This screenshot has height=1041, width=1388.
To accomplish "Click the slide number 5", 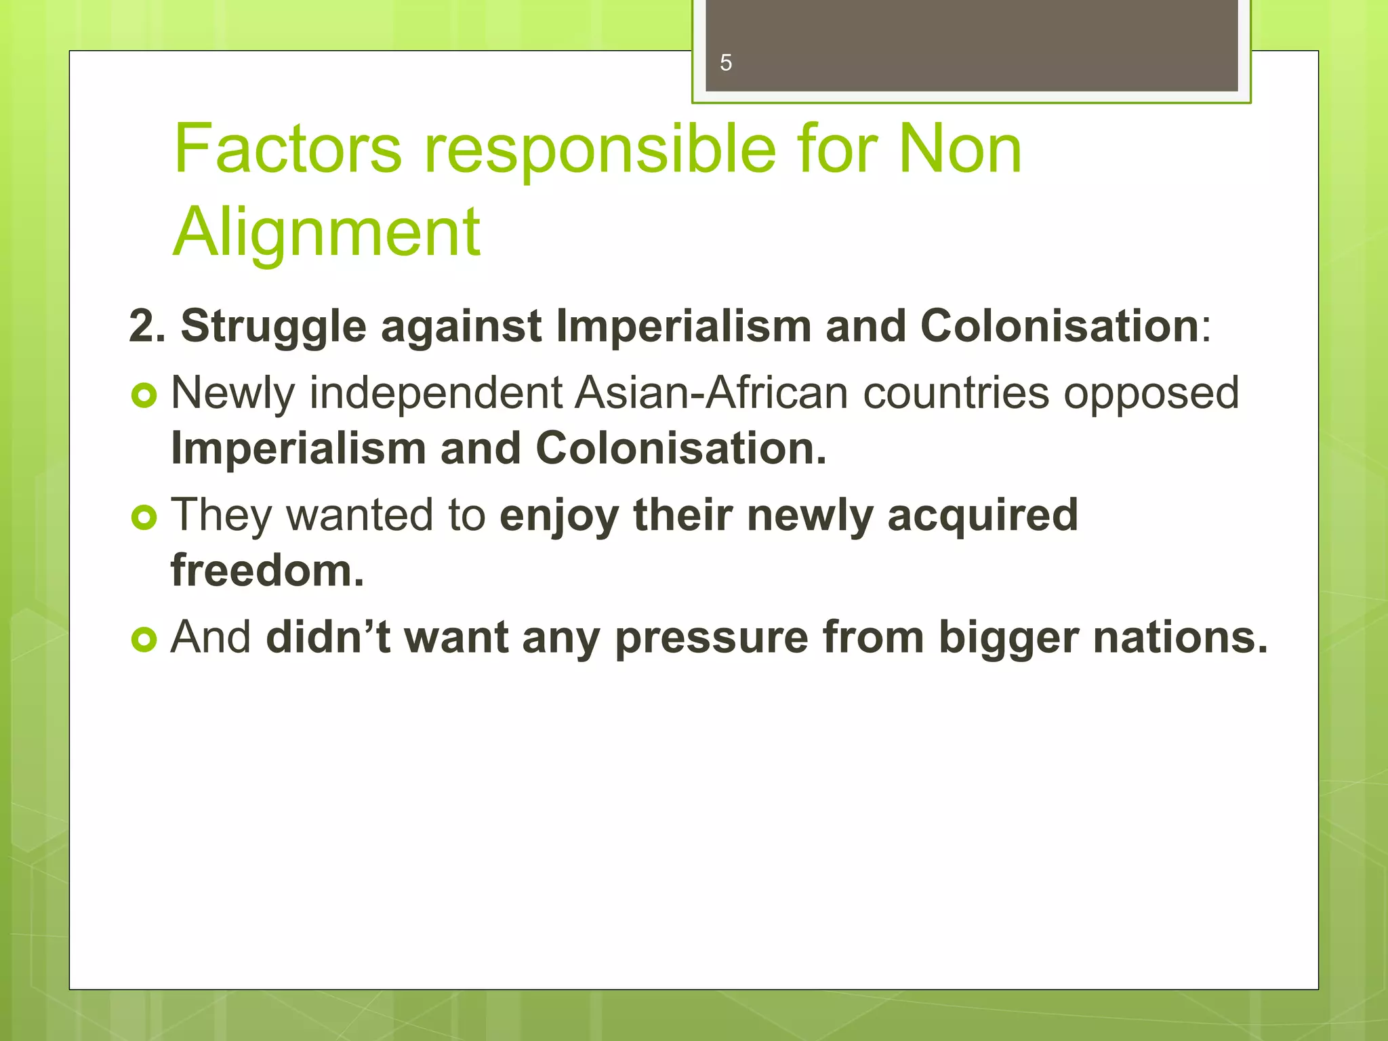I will coord(726,63).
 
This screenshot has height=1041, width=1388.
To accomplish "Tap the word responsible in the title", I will coord(600,150).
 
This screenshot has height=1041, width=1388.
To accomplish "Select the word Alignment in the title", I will coord(326,232).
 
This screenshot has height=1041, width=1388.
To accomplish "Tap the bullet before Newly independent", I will coord(144,394).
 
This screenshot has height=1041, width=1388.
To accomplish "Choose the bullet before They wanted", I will coord(144,517).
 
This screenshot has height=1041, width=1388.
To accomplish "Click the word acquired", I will coord(982,516).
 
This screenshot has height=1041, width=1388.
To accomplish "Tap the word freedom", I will coord(267,571).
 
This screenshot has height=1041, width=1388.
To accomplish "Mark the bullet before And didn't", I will coord(144,638).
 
